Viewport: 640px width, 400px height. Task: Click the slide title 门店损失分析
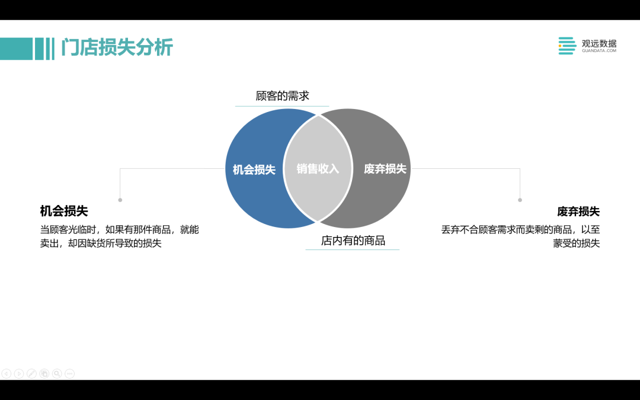tap(117, 47)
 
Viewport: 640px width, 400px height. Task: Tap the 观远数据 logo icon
tap(567, 46)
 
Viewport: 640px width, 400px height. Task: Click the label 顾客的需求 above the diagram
tap(283, 96)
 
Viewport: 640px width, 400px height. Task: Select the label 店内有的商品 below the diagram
tap(353, 241)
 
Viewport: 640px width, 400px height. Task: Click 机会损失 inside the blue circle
tap(254, 169)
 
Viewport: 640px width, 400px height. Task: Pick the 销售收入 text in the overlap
tap(318, 168)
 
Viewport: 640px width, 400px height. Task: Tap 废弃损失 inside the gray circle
tap(385, 168)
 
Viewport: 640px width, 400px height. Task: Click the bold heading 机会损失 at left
tap(64, 211)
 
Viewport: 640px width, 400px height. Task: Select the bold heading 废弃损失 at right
tap(578, 212)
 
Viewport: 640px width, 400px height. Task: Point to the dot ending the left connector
tap(120, 200)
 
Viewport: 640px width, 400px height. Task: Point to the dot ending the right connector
tap(520, 200)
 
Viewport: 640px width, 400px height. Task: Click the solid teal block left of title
tap(17, 49)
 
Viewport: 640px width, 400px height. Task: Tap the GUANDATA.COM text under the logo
tap(599, 50)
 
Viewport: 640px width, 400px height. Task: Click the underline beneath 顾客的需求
tap(282, 106)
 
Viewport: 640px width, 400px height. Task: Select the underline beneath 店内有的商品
tap(352, 249)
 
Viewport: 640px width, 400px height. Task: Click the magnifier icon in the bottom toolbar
tap(57, 373)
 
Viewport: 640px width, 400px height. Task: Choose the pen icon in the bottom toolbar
tap(31, 373)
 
